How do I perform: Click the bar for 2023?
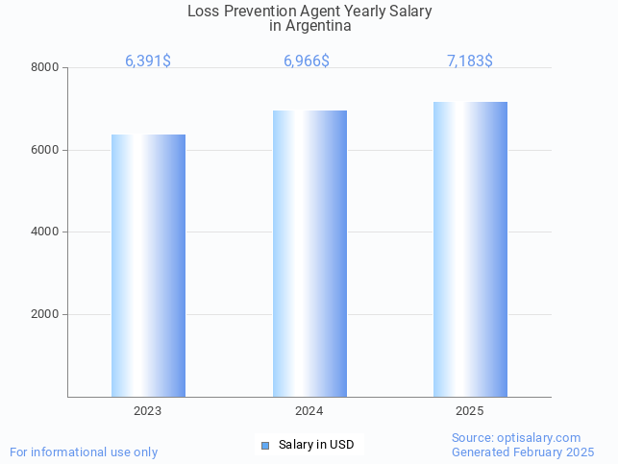(x=148, y=265)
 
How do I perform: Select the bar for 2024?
(x=309, y=254)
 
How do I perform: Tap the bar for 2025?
(x=470, y=249)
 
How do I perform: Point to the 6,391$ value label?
(x=148, y=61)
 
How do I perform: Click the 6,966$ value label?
(x=307, y=61)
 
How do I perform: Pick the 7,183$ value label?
(x=470, y=61)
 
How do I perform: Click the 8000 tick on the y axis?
(x=46, y=67)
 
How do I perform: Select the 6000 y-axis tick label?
(x=46, y=150)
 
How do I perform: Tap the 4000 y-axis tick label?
(x=46, y=232)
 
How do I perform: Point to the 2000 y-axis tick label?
(x=46, y=314)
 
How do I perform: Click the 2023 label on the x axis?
(x=148, y=410)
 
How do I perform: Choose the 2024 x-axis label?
(x=309, y=410)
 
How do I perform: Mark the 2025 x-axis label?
(x=470, y=410)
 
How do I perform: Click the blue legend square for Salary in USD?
(x=265, y=445)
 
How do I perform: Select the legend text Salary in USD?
(x=316, y=445)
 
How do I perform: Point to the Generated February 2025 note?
(x=523, y=452)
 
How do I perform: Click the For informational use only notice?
(x=84, y=452)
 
